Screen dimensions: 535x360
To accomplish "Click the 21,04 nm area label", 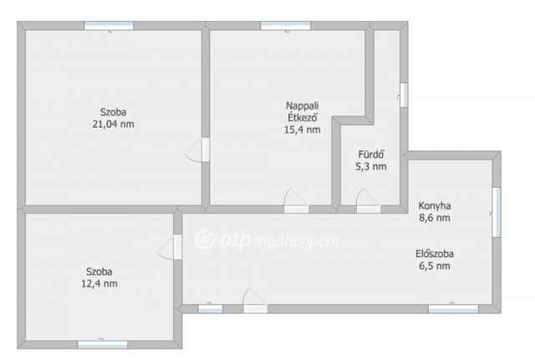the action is pyautogui.click(x=114, y=124).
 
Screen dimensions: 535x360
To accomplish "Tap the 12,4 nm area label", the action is pyautogui.click(x=99, y=284).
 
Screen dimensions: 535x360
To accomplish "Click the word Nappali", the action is pyautogui.click(x=303, y=106).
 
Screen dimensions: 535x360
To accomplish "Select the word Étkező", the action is pyautogui.click(x=303, y=117).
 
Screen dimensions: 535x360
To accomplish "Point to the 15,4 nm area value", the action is pyautogui.click(x=303, y=129).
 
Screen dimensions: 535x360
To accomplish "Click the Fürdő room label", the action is pyautogui.click(x=371, y=155).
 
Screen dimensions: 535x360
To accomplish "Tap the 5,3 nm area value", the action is pyautogui.click(x=371, y=167).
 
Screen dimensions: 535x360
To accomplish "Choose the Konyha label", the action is pyautogui.click(x=435, y=206).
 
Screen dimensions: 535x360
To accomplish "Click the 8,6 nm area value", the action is pyautogui.click(x=435, y=218).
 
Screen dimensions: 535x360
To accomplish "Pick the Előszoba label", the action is pyautogui.click(x=435, y=254).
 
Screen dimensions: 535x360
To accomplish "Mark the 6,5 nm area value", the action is pyautogui.click(x=435, y=266).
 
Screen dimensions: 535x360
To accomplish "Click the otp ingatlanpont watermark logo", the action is pyautogui.click(x=267, y=240).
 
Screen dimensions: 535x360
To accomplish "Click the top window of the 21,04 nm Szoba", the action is pyautogui.click(x=109, y=26).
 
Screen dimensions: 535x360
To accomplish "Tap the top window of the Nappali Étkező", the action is pyautogui.click(x=286, y=26).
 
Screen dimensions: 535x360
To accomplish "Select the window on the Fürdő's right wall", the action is pyautogui.click(x=404, y=95).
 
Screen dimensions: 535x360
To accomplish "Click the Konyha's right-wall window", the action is pyautogui.click(x=497, y=212).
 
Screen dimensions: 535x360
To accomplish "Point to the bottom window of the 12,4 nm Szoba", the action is pyautogui.click(x=103, y=345).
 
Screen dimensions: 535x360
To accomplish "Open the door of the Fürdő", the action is pyautogui.click(x=368, y=201).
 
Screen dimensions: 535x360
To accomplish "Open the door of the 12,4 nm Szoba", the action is pyautogui.click(x=170, y=247).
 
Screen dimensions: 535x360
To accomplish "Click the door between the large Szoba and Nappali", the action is pyautogui.click(x=197, y=150).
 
